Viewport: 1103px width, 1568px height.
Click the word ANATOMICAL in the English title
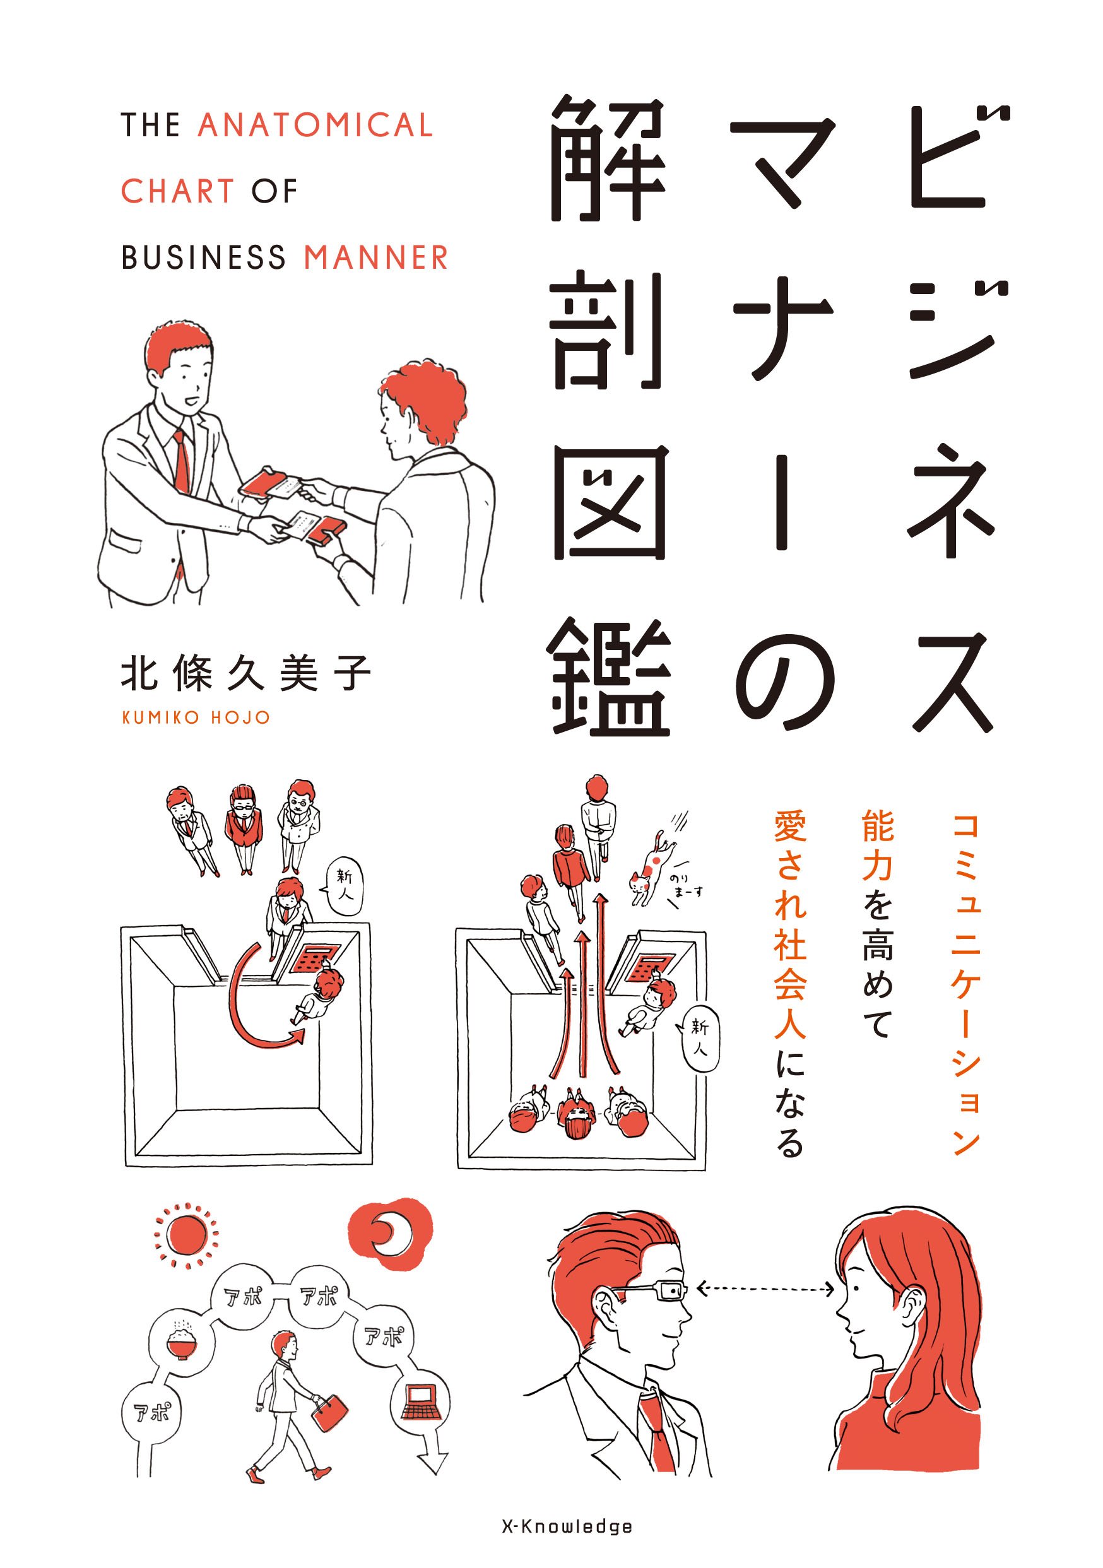pos(315,126)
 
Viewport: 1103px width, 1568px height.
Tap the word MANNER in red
pos(375,257)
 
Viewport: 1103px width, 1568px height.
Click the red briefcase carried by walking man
pos(329,1412)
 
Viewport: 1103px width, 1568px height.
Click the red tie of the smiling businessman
pos(182,461)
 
